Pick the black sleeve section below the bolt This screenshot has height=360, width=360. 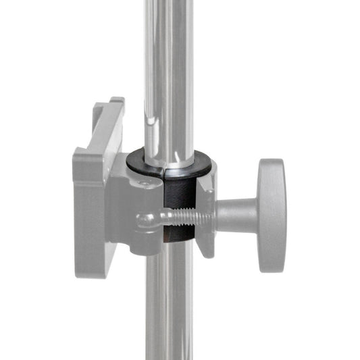pos(180,236)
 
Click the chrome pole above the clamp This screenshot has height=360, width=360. pos(168,68)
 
